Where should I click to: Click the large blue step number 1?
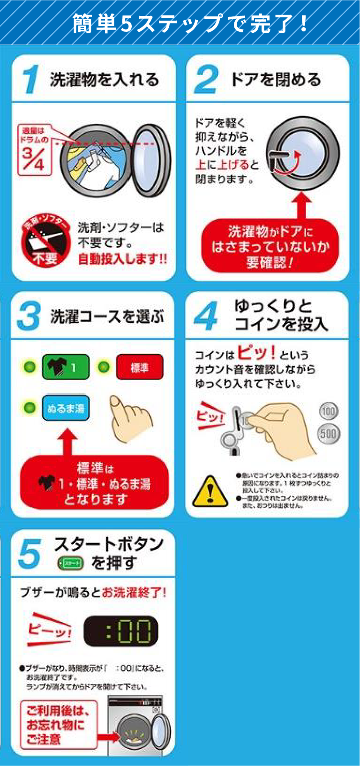31,79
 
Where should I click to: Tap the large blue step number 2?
206,79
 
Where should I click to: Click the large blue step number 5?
29,554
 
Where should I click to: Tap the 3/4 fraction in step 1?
33,159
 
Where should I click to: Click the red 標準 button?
140,368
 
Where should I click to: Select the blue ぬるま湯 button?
66,408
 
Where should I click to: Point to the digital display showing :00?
121,631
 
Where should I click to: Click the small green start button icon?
70,563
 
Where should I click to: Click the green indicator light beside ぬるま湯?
29,408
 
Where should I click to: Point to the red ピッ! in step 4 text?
256,353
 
